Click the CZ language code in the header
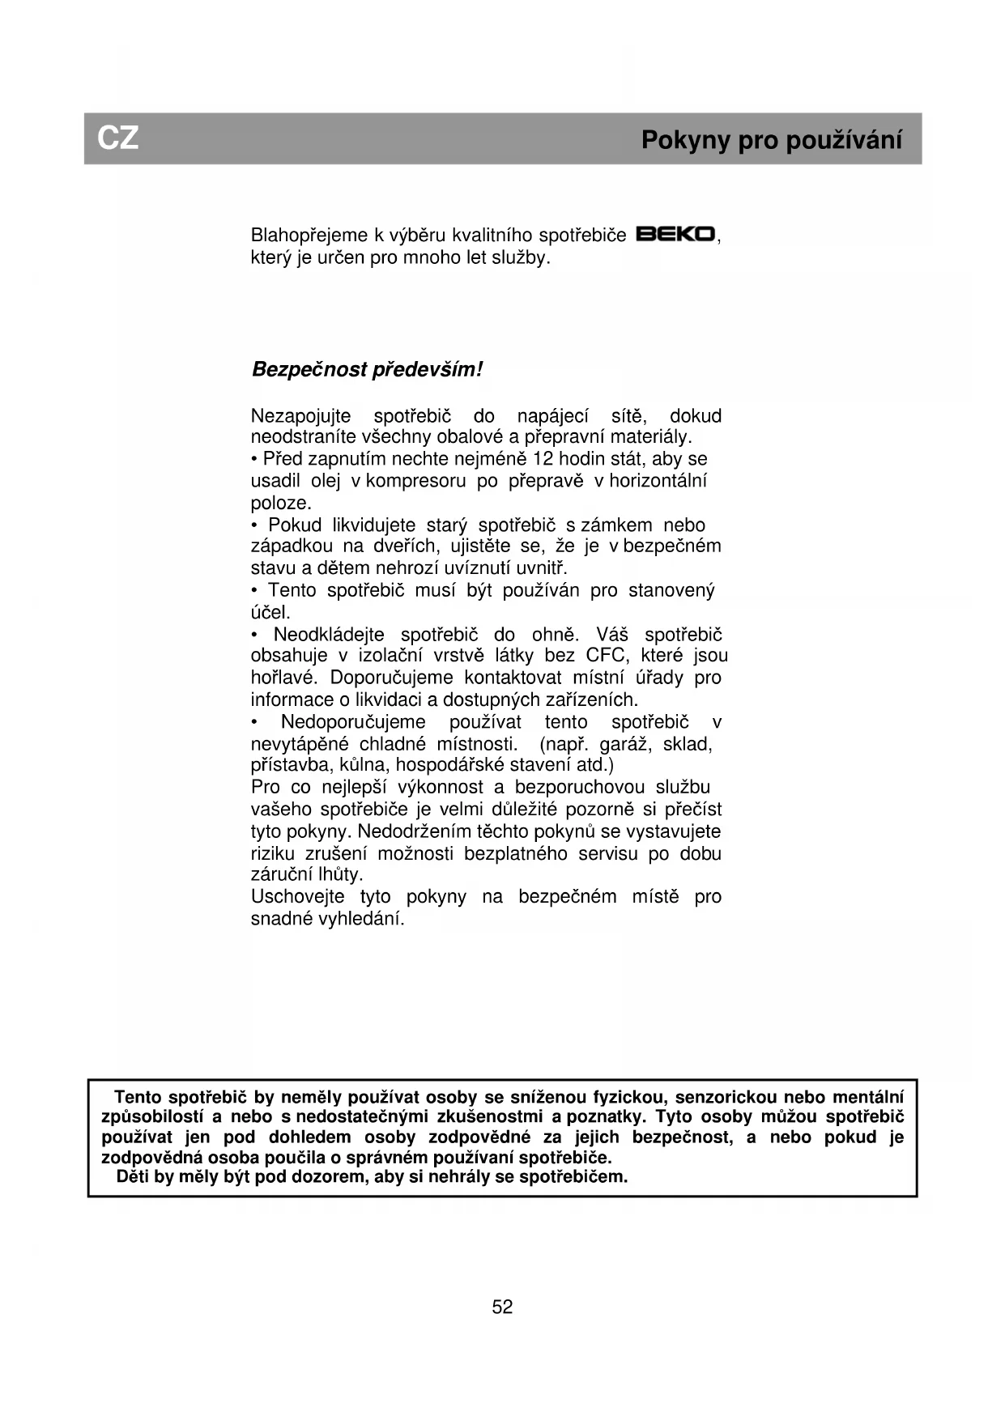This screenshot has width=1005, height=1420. tap(118, 138)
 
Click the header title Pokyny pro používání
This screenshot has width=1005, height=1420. tap(771, 140)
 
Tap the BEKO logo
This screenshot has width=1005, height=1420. tap(675, 235)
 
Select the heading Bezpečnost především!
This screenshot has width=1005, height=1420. tap(367, 370)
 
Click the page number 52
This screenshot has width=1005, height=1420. tap(502, 1307)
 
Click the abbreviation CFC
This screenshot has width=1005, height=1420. tap(607, 656)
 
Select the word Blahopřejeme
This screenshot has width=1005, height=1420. tap(309, 236)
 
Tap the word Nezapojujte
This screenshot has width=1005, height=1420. tap(301, 416)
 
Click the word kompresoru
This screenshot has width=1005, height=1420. tap(415, 481)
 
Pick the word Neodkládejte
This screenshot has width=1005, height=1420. tap(328, 634)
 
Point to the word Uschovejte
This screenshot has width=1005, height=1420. tap(297, 897)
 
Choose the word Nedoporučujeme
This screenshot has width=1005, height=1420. tap(353, 722)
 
